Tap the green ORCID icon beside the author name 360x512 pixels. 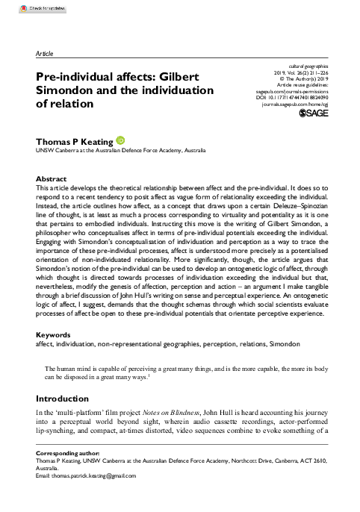122,140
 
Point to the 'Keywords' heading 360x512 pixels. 54,356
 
